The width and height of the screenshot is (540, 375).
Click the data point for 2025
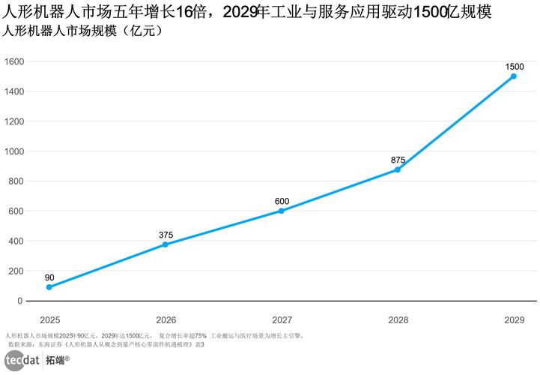49,287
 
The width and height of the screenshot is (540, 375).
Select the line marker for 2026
166,244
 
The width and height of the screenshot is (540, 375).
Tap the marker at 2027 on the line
282,211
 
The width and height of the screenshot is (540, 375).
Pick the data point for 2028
398,169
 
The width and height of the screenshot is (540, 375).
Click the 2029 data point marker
514,76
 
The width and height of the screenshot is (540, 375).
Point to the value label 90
49,277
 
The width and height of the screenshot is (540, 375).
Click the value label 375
166,234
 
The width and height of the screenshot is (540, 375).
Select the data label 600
282,200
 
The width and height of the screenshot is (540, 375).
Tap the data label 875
398,159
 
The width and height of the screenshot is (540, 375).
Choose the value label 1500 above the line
514,66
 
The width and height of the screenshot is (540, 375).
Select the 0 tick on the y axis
19,301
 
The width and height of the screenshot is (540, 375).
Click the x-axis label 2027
282,319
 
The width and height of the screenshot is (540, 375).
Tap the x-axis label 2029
514,319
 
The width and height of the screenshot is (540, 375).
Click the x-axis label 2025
49,319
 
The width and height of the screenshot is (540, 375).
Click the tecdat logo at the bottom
22,360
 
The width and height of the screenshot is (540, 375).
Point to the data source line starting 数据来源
105,343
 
